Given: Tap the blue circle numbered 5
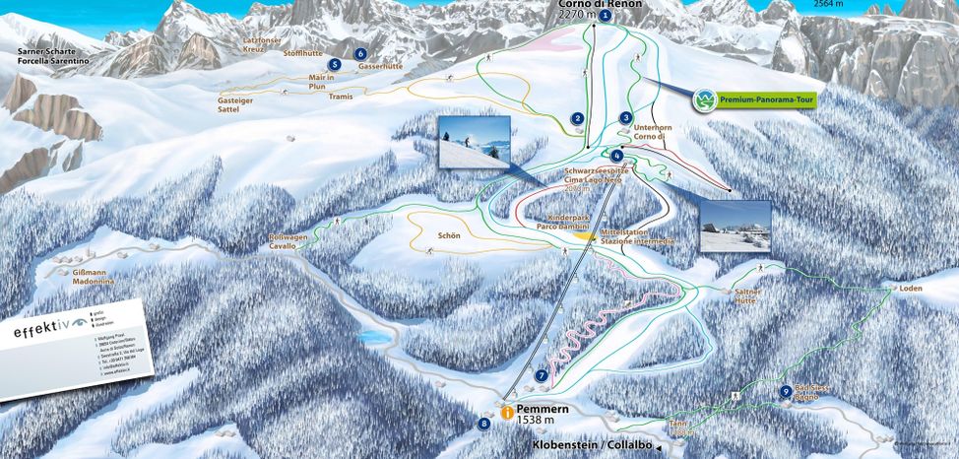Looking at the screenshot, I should [x=336, y=64].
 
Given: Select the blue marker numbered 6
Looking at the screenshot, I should [x=360, y=53].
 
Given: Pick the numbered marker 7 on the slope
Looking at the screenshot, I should [x=542, y=375].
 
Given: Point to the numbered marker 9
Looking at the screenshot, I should [x=785, y=392].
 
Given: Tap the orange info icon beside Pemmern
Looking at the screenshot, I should [x=506, y=414].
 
